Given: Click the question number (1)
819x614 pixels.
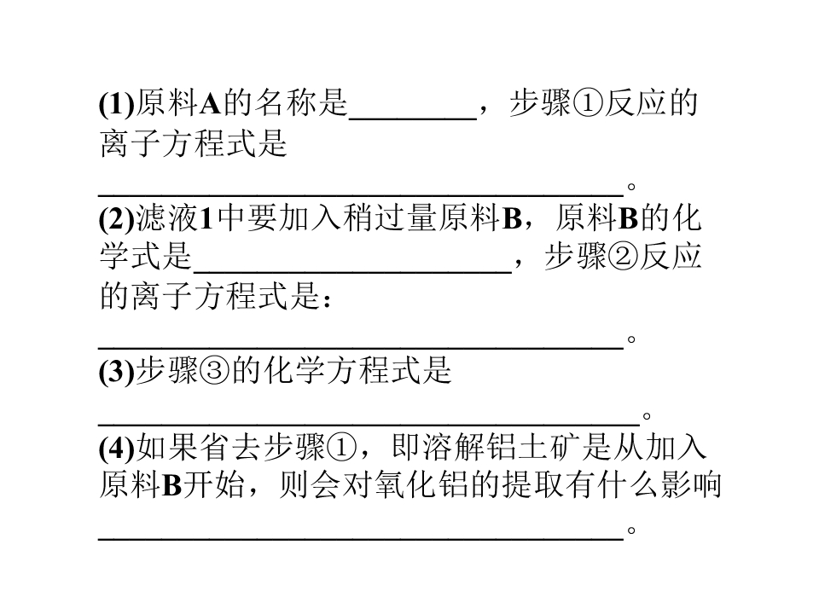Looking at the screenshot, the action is click(x=117, y=103).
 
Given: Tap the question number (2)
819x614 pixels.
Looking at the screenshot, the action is click(x=117, y=219).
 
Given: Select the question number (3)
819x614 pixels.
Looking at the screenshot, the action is click(x=117, y=372).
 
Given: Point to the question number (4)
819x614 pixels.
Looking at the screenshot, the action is click(x=117, y=448).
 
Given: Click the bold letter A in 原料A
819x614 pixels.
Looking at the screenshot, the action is click(x=211, y=103).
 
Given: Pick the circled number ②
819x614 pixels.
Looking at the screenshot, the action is click(x=623, y=257).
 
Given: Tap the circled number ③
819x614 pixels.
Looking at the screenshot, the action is click(x=214, y=371).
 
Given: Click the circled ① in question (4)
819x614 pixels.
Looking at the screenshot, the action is click(x=341, y=448).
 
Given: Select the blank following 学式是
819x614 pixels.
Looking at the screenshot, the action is click(x=352, y=272).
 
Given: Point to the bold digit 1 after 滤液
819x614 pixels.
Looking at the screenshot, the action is click(x=206, y=219).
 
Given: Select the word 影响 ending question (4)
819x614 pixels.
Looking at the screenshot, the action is click(x=690, y=486).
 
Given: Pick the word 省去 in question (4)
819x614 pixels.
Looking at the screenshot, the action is click(x=230, y=448).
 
